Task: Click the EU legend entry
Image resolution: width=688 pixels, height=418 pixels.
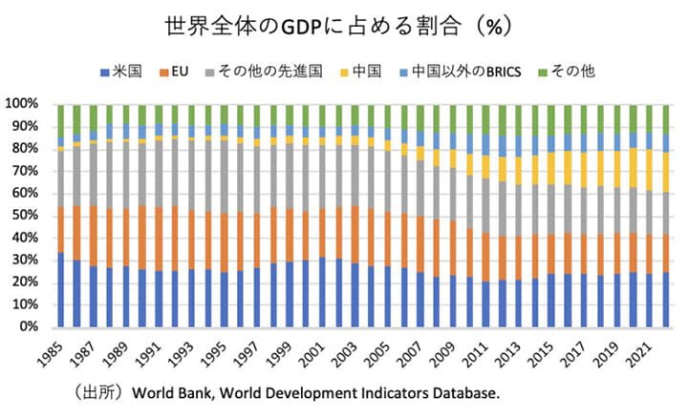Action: [183, 71]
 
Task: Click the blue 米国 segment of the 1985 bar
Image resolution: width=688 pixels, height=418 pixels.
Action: [62, 290]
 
